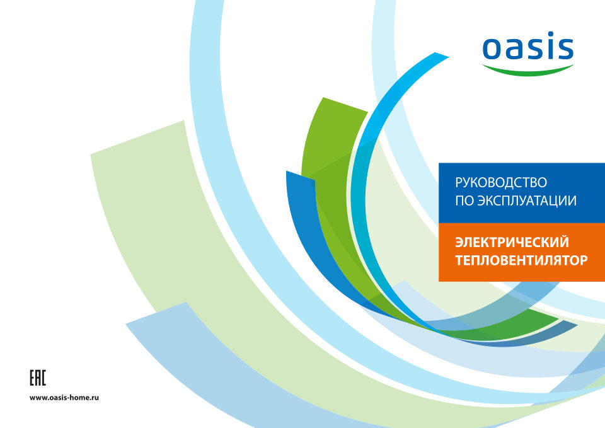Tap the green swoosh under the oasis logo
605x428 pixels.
coord(528,71)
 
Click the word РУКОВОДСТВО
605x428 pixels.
coord(501,183)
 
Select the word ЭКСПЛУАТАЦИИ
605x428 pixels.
coord(527,200)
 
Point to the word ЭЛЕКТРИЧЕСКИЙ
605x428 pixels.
coord(512,242)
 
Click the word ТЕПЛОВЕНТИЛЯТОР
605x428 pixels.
coord(521,260)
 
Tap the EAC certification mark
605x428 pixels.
coord(38,378)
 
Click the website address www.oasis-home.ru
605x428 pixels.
coord(64,398)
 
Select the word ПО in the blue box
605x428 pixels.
coord(464,200)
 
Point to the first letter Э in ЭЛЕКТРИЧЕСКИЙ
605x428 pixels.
coord(459,243)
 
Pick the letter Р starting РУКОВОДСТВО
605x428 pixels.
coord(459,183)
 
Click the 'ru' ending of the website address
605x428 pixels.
coord(95,398)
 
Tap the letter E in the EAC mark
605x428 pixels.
coord(32,378)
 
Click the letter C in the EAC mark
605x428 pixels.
coord(43,378)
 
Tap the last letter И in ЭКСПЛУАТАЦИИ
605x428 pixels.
coord(572,200)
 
